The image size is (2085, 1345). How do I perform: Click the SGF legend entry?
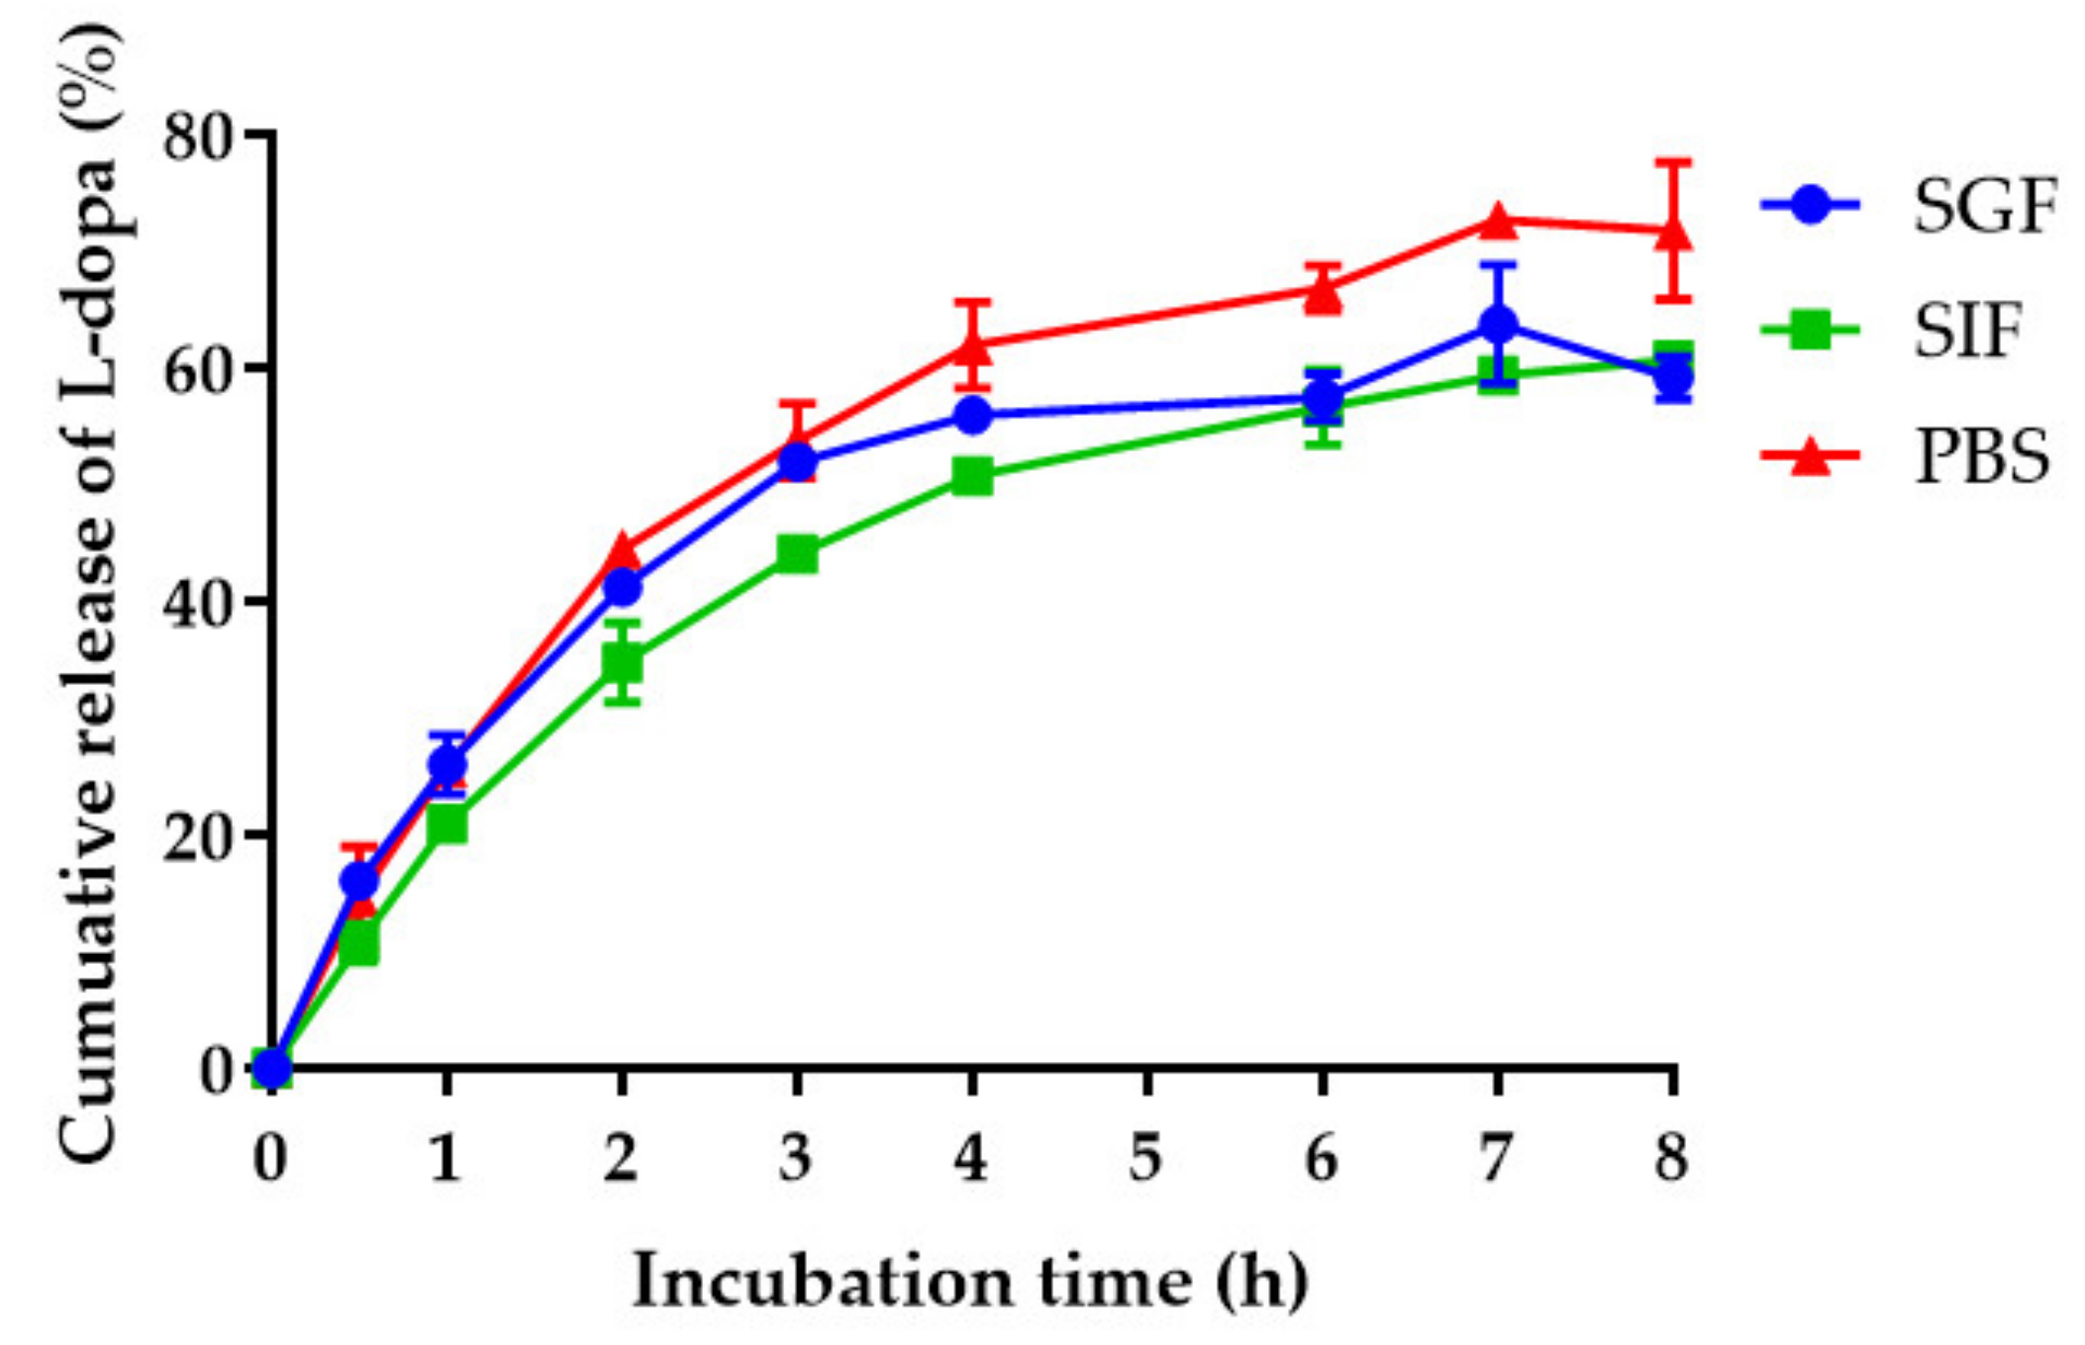click(1984, 206)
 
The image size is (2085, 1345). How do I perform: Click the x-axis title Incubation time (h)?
click(970, 1281)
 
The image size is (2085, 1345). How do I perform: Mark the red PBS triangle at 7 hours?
click(1498, 222)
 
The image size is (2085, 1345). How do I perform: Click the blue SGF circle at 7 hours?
click(1498, 324)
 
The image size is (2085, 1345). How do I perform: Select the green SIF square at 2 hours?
click(622, 662)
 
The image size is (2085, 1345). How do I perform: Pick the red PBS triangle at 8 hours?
click(1673, 233)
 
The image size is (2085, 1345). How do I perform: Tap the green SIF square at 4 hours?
click(972, 476)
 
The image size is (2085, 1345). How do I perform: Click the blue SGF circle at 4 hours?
click(972, 415)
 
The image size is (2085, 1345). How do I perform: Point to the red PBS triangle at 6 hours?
click(1323, 293)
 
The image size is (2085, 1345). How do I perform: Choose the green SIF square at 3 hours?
click(797, 554)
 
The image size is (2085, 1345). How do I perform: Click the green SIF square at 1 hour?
click(447, 823)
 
